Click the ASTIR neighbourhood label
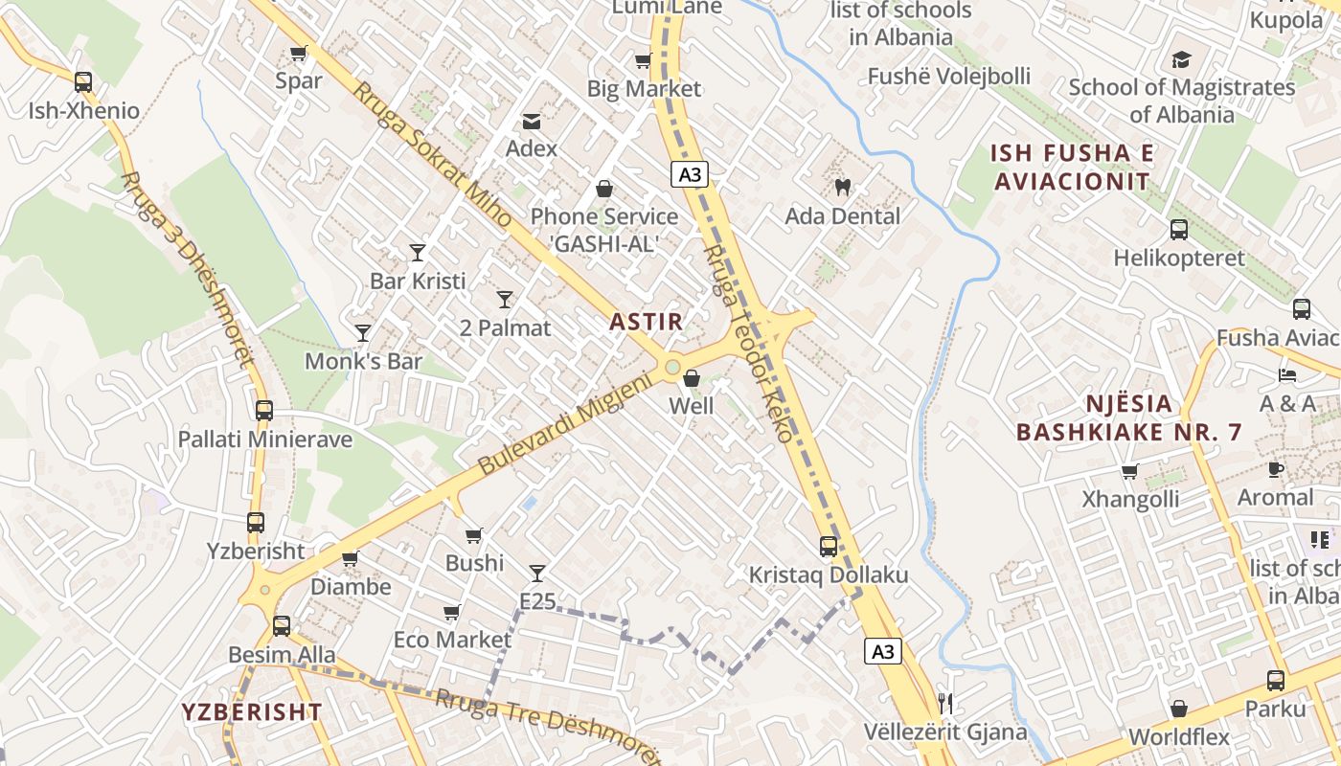647,322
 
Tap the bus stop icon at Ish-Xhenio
83,82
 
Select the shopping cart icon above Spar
298,53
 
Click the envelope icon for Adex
531,121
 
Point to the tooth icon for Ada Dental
843,188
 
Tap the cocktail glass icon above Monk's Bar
362,332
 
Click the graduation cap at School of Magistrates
1181,59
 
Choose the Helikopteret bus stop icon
1178,230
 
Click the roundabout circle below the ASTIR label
672,367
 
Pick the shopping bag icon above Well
691,378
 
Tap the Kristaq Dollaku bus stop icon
829,547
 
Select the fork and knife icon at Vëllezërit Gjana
945,704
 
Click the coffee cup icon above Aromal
1275,469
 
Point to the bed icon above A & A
1287,375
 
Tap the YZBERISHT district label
252,711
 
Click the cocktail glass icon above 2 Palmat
505,299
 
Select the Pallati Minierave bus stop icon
264,411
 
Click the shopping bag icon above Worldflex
1179,709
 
